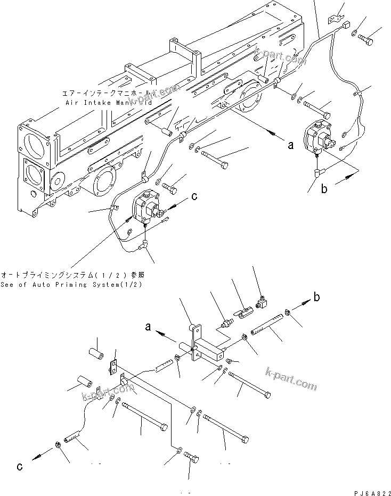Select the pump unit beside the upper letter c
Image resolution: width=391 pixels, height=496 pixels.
tap(147, 209)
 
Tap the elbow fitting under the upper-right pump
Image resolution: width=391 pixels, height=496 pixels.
tap(317, 172)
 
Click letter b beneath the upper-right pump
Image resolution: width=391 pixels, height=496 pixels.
tap(323, 188)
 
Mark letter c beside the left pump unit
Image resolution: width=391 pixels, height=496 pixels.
tap(194, 196)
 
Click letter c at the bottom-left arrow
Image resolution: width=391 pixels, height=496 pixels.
tap(20, 467)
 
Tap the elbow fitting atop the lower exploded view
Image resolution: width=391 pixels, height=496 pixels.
tap(262, 303)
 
